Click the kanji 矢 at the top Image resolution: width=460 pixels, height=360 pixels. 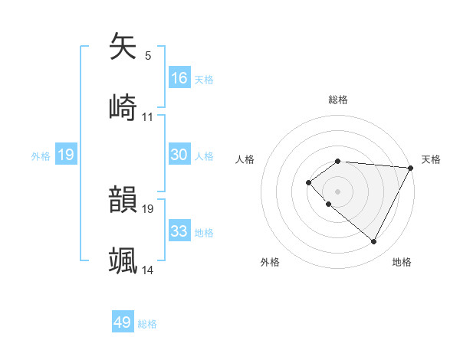click(x=123, y=47)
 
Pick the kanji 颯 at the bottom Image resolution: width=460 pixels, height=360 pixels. click(x=123, y=260)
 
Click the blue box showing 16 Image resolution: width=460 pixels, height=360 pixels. click(x=179, y=78)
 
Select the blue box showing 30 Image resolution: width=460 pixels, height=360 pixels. click(x=179, y=155)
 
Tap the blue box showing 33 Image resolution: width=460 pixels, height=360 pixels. click(x=179, y=231)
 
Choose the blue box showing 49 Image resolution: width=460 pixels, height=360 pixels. click(x=123, y=322)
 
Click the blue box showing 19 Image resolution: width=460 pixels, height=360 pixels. click(x=65, y=155)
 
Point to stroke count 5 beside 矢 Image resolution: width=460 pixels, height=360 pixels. click(x=148, y=56)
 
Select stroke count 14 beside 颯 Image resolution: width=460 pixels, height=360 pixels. click(x=148, y=270)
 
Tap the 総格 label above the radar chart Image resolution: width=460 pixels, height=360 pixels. click(x=338, y=100)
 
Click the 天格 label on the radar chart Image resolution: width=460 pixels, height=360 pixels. click(x=431, y=159)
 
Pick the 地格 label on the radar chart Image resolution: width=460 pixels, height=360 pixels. click(x=402, y=263)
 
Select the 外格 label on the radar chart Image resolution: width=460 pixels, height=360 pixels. click(x=270, y=263)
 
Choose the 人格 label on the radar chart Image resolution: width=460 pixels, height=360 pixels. click(x=245, y=159)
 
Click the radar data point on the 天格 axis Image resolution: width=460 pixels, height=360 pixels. click(x=411, y=168)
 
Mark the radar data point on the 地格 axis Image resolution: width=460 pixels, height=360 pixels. click(x=373, y=241)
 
